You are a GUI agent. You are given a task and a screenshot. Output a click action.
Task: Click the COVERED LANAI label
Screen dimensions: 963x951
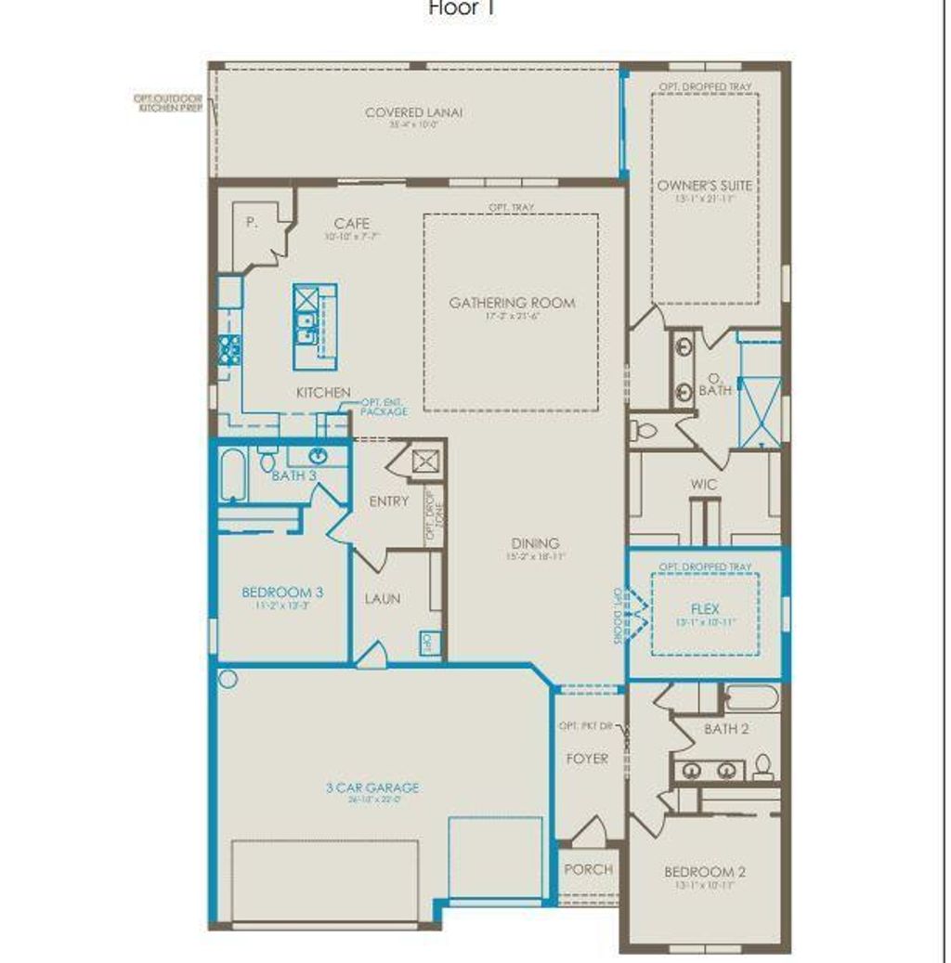pos(413,113)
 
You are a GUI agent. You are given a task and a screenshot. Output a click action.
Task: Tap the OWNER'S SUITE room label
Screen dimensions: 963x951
pos(705,186)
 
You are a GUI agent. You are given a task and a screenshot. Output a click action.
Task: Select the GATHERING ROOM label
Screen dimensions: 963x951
pos(512,303)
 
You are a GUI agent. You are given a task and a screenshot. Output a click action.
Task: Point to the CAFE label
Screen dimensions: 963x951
pos(352,224)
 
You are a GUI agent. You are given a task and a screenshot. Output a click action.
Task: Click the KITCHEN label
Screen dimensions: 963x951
pos(323,393)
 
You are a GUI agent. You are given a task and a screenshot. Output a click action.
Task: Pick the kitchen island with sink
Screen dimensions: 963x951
pos(315,326)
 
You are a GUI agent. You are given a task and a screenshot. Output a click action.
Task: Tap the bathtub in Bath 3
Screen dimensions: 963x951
pos(233,475)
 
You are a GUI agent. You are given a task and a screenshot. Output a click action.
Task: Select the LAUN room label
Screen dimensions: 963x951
pos(383,599)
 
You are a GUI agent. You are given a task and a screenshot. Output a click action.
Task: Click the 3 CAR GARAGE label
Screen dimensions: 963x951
pos(371,787)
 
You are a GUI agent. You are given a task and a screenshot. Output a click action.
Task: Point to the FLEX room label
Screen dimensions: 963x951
pos(705,609)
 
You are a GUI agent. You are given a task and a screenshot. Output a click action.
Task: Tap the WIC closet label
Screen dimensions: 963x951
pos(701,485)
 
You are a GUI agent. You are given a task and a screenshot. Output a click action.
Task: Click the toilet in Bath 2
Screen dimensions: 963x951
pos(762,766)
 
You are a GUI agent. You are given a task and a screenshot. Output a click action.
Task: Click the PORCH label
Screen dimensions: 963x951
pos(588,869)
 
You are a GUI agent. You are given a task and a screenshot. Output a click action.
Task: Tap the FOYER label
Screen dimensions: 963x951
pos(587,759)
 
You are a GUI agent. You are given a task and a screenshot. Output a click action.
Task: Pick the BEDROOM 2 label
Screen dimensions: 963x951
pos(705,872)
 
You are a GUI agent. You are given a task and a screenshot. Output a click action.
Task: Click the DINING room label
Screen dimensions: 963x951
pos(535,543)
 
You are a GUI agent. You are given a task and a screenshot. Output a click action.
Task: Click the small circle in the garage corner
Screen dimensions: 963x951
pos(228,679)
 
